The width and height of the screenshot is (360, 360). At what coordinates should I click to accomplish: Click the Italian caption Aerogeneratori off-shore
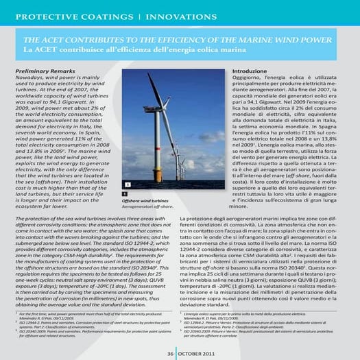149,206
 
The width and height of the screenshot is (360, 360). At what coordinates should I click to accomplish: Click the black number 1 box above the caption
125,195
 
